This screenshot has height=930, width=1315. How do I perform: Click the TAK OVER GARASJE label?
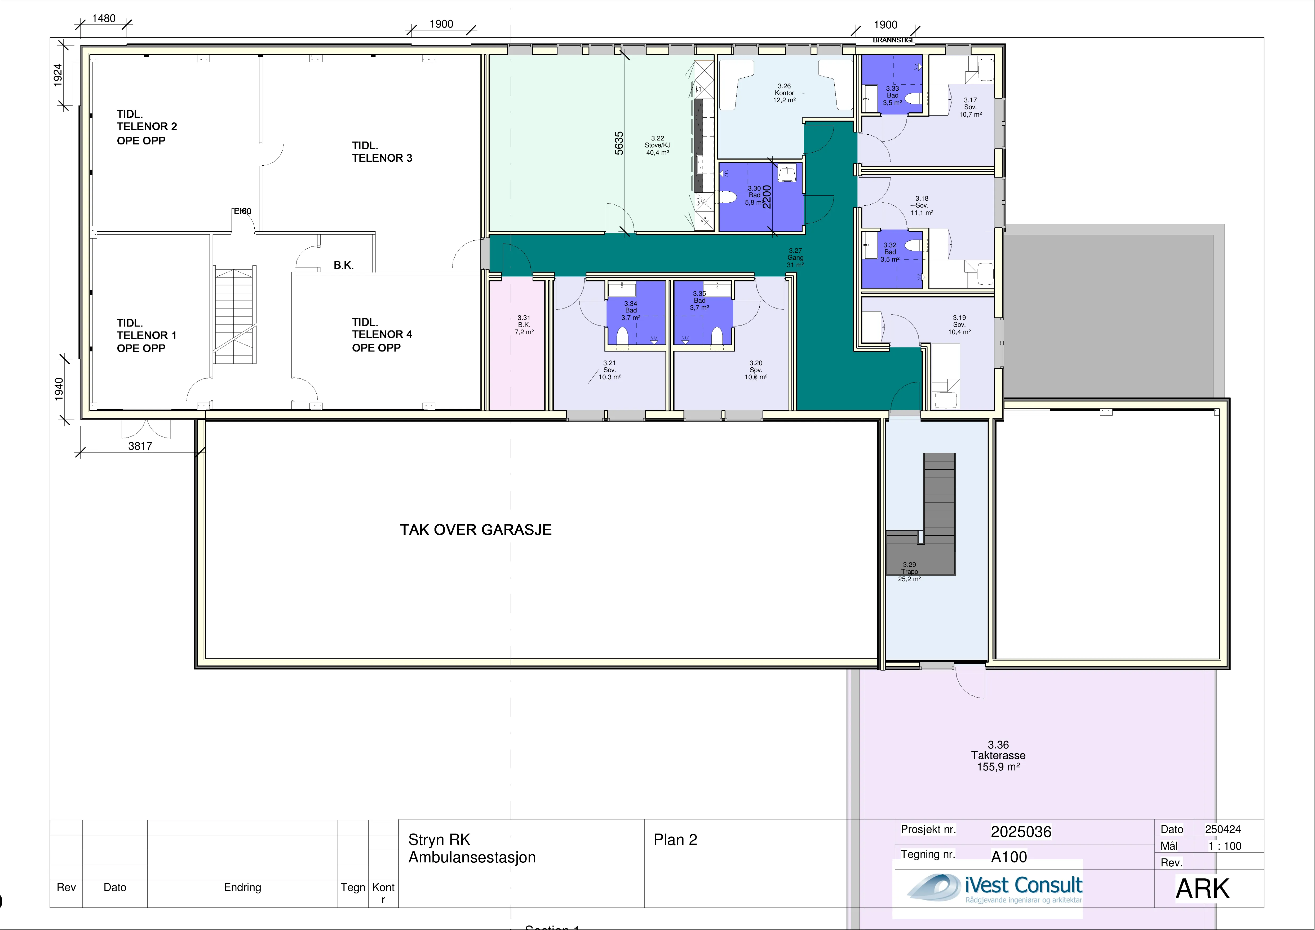(x=475, y=530)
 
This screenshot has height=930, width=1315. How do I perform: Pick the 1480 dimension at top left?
(x=104, y=18)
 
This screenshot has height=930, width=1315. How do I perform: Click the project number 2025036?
(x=1021, y=831)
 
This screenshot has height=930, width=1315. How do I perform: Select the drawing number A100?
(x=1009, y=857)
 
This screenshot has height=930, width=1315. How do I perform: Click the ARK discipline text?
(x=1202, y=889)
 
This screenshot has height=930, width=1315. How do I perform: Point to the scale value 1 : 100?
(x=1225, y=846)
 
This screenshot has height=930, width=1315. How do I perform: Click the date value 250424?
(x=1223, y=829)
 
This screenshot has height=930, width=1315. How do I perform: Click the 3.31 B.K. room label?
(x=524, y=324)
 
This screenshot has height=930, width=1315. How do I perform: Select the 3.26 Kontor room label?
(x=784, y=93)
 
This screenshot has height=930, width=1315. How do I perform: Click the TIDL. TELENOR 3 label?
(x=382, y=152)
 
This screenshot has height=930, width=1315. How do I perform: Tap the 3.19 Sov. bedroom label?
(x=959, y=324)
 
